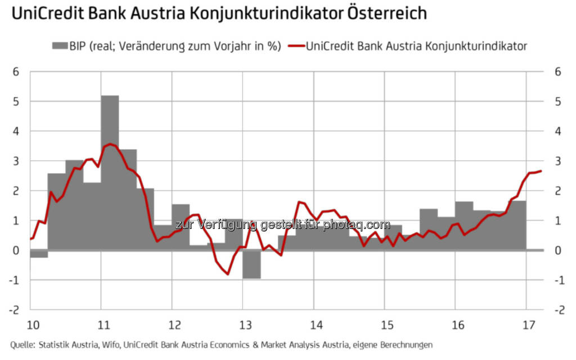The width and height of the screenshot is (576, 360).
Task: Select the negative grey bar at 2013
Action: click(x=251, y=264)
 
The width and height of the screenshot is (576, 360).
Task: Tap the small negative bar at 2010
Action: click(x=39, y=254)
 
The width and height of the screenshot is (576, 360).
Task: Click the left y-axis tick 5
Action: click(x=17, y=102)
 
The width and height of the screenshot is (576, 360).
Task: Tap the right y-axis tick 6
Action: click(x=557, y=72)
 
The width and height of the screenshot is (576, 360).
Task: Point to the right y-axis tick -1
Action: click(x=556, y=280)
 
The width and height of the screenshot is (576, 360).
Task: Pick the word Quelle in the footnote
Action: click(x=22, y=344)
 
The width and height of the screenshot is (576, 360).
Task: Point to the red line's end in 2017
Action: click(x=541, y=171)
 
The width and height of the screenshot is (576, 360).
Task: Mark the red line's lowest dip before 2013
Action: click(x=228, y=273)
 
